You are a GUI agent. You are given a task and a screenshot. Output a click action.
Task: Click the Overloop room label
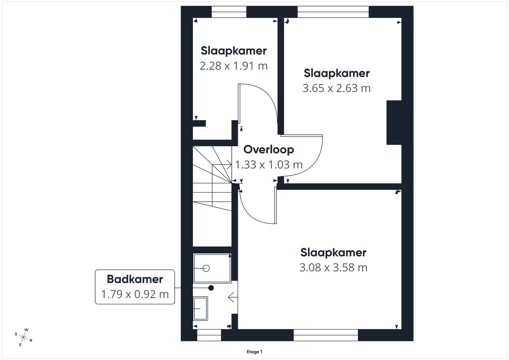(268, 150)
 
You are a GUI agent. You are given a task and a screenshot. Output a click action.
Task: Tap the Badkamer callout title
(135, 279)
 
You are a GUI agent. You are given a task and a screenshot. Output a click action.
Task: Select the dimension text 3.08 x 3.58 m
(333, 267)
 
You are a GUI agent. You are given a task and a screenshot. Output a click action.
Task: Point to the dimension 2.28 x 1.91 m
(233, 66)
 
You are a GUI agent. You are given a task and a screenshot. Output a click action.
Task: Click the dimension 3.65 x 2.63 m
(336, 88)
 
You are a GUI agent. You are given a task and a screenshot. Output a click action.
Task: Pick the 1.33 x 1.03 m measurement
(268, 165)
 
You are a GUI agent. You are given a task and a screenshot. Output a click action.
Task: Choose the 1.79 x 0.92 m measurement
(135, 294)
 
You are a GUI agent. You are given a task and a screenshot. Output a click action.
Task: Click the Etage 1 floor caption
(254, 352)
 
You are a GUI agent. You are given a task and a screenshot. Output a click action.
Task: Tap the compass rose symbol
(23, 337)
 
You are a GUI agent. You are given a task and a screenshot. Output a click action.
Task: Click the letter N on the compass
(31, 340)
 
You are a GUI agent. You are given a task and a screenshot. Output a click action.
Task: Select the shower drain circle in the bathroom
(206, 269)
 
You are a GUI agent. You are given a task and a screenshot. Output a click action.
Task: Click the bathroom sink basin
(200, 308)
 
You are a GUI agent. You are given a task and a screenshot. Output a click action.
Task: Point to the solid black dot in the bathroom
(211, 288)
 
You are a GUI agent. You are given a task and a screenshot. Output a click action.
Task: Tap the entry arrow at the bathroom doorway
(233, 297)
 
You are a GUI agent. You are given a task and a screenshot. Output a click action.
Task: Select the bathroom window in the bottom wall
(209, 335)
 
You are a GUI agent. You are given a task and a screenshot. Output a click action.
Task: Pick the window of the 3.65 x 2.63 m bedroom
(333, 12)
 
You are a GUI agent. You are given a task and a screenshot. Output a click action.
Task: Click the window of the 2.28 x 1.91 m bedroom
(229, 12)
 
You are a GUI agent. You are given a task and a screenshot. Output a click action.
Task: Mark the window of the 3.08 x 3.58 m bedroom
(326, 335)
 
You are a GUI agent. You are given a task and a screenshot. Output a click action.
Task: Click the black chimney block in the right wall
(394, 123)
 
